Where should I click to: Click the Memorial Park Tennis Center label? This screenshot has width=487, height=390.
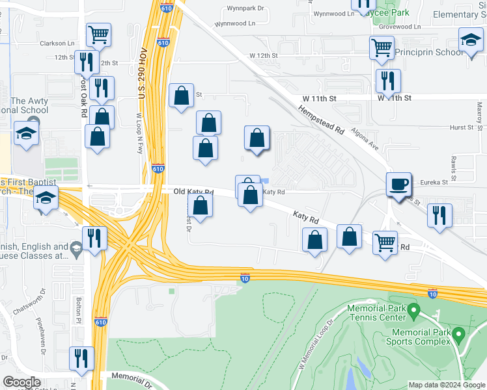click(377, 312)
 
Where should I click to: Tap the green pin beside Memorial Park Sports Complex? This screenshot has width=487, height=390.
click(459, 335)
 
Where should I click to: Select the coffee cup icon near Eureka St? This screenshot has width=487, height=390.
click(398, 184)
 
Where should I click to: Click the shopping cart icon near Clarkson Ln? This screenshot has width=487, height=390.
click(98, 34)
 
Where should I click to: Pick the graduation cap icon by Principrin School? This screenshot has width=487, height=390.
click(470, 40)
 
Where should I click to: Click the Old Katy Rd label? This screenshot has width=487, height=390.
click(194, 192)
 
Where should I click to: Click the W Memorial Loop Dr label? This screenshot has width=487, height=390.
click(315, 344)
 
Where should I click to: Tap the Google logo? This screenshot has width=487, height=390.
click(22, 382)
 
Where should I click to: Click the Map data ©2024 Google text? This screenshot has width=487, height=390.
click(447, 385)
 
